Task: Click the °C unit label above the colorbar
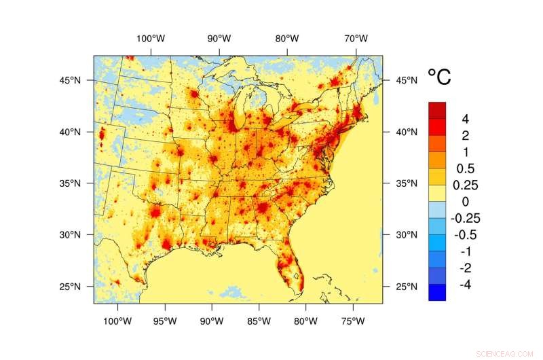[438, 77]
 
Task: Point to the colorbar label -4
[466, 284]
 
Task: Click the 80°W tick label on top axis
[287, 38]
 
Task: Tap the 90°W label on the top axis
[219, 38]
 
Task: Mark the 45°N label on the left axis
[70, 80]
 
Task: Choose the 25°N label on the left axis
[70, 286]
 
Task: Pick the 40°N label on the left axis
[70, 132]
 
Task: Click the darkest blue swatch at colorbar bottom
[437, 292]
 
